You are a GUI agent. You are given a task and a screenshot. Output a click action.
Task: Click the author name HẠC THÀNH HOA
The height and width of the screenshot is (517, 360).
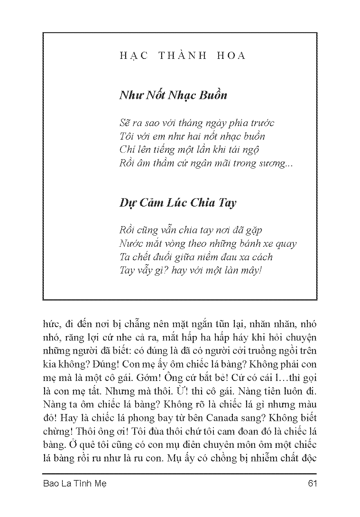(x=182, y=56)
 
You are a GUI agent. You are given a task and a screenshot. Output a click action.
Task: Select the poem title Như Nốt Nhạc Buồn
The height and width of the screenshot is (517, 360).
(x=173, y=95)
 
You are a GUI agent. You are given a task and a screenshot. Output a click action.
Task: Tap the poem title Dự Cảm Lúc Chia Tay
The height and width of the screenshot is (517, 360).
(x=178, y=203)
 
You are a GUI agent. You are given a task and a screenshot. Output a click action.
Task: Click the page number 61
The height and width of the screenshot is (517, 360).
(x=312, y=484)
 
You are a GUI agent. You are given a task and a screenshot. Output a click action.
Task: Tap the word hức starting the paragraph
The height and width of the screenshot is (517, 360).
(x=49, y=324)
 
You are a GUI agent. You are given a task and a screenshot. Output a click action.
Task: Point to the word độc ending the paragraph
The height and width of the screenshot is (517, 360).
(x=309, y=458)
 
